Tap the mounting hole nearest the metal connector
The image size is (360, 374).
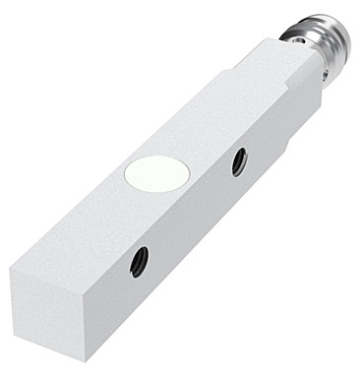238,161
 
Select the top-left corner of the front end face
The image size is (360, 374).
11,275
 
